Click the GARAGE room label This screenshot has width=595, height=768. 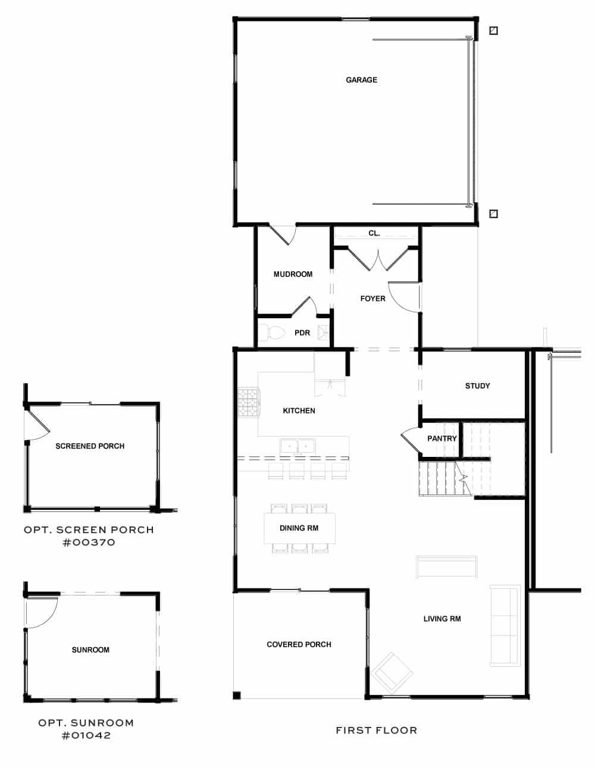361,80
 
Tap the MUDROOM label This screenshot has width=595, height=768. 293,274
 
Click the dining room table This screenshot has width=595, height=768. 299,528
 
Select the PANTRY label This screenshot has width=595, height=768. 441,438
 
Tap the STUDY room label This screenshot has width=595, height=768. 477,386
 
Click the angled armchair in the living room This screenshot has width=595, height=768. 392,670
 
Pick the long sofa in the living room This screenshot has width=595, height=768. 504,625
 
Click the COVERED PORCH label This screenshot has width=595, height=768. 299,644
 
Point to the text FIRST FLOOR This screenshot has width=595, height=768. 376,730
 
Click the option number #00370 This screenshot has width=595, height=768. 89,543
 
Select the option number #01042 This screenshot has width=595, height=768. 86,735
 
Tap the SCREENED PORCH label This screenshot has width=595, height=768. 90,446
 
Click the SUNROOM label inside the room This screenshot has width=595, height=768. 90,650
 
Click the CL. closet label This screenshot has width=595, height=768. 374,234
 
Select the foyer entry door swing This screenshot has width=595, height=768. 407,296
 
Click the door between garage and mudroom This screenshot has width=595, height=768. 284,234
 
